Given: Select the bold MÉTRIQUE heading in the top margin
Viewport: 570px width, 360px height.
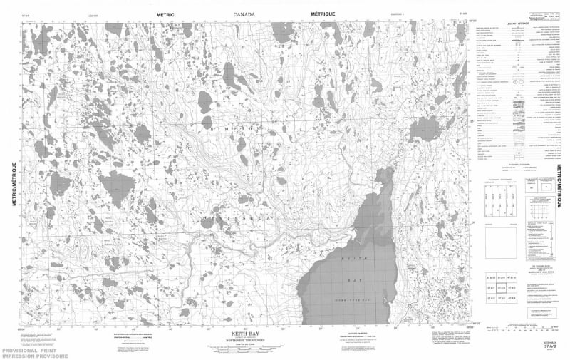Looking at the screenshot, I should pyautogui.click(x=326, y=14).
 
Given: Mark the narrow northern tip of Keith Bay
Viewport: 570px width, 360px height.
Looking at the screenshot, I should pyautogui.click(x=389, y=171).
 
